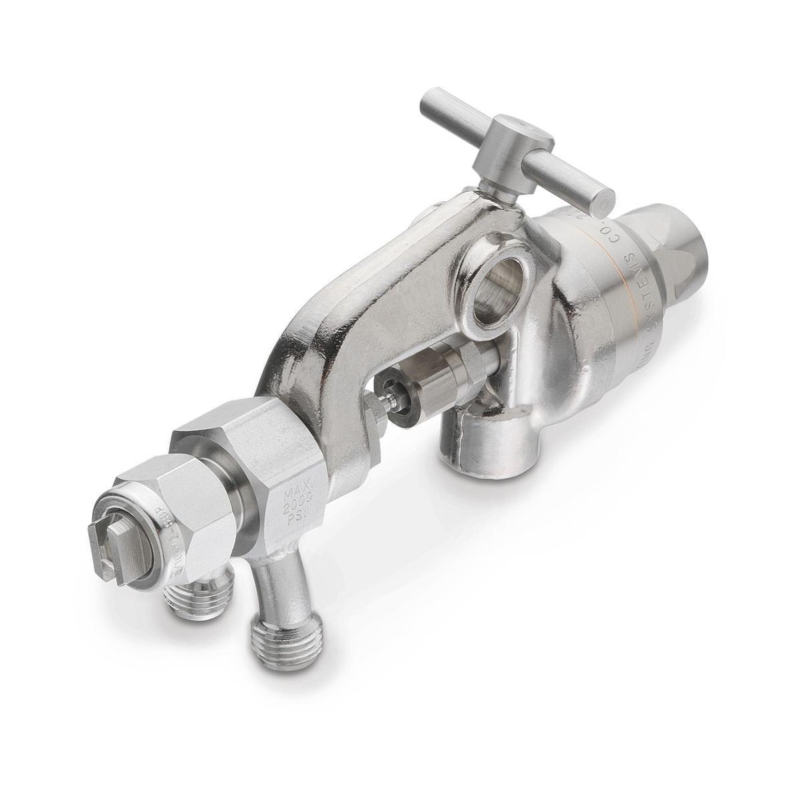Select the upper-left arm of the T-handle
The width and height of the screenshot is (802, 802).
pos(448,107)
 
